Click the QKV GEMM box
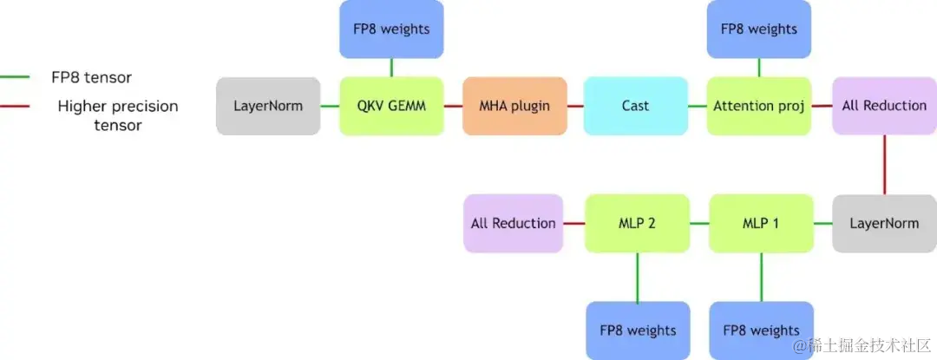391,106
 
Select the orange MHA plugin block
514,106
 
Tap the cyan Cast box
635,106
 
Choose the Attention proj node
759,106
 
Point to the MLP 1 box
761,223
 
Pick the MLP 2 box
638,223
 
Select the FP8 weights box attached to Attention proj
759,29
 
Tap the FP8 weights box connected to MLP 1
762,330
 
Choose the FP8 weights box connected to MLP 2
638,330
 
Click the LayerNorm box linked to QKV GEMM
268,106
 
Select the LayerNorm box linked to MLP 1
884,223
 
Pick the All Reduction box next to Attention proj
884,106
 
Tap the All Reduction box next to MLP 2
514,223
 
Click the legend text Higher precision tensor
117,115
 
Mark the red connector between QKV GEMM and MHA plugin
453,106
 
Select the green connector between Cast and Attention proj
698,106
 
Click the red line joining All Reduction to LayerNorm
884,164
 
